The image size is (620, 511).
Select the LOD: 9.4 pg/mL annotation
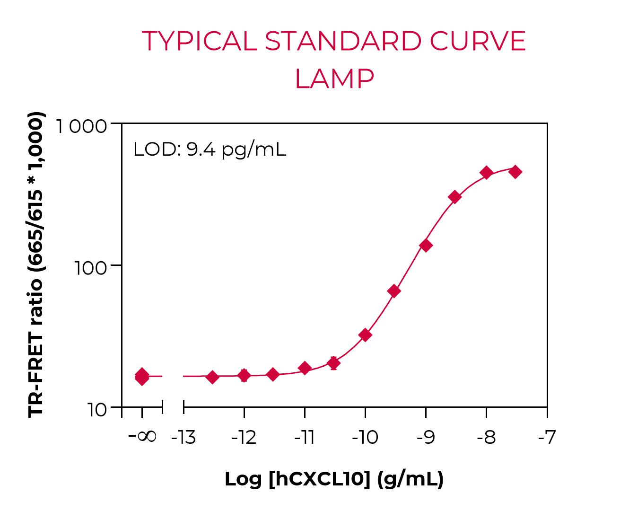210,150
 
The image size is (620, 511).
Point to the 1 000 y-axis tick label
81,126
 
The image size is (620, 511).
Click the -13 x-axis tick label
183,438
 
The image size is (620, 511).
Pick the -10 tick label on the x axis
365,438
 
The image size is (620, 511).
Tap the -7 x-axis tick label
547,438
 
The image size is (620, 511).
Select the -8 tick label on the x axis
486,438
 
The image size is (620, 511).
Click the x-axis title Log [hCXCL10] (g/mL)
334,479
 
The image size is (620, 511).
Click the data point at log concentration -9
426,245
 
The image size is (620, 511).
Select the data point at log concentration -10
365,335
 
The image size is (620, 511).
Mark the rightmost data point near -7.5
515,172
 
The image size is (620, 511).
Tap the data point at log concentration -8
486,173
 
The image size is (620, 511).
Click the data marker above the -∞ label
142,377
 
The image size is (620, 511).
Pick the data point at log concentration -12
244,376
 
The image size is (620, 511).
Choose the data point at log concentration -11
305,368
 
